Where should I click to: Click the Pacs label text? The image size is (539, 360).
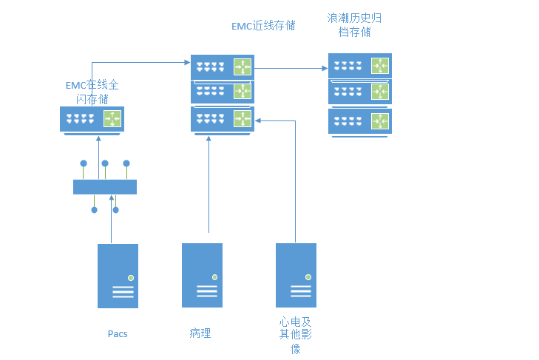click(x=118, y=333)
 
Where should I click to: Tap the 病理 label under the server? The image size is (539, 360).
click(x=200, y=333)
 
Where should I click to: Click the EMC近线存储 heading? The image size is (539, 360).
click(x=263, y=25)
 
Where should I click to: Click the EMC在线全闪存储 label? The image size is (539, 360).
click(x=92, y=92)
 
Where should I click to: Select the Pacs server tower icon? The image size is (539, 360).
click(x=118, y=276)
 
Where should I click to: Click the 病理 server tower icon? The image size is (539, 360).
click(x=202, y=275)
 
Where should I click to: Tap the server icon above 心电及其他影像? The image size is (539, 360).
click(x=296, y=275)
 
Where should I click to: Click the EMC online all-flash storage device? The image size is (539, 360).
click(x=92, y=119)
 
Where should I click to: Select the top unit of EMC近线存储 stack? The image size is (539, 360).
click(x=222, y=67)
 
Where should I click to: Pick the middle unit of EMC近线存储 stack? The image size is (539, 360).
click(x=222, y=92)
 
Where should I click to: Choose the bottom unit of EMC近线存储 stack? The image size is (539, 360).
click(x=222, y=119)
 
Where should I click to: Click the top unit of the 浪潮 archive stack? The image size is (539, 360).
click(x=359, y=66)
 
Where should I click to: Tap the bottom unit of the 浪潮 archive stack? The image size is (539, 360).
click(x=359, y=121)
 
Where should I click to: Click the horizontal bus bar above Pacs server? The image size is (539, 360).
click(x=105, y=187)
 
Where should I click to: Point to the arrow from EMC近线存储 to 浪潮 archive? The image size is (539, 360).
click(x=291, y=69)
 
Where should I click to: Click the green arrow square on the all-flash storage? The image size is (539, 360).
click(x=112, y=118)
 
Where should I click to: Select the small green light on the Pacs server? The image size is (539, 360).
click(x=130, y=277)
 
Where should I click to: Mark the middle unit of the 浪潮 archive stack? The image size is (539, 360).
click(x=359, y=92)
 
